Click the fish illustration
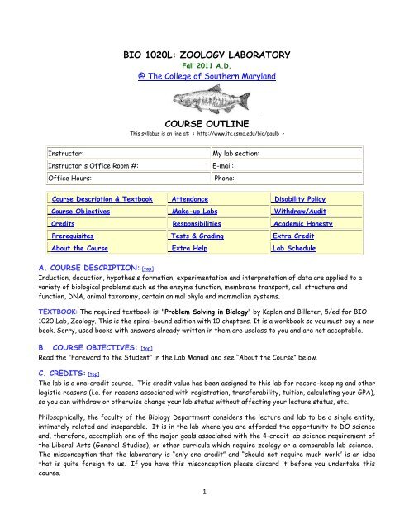[x=204, y=107]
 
